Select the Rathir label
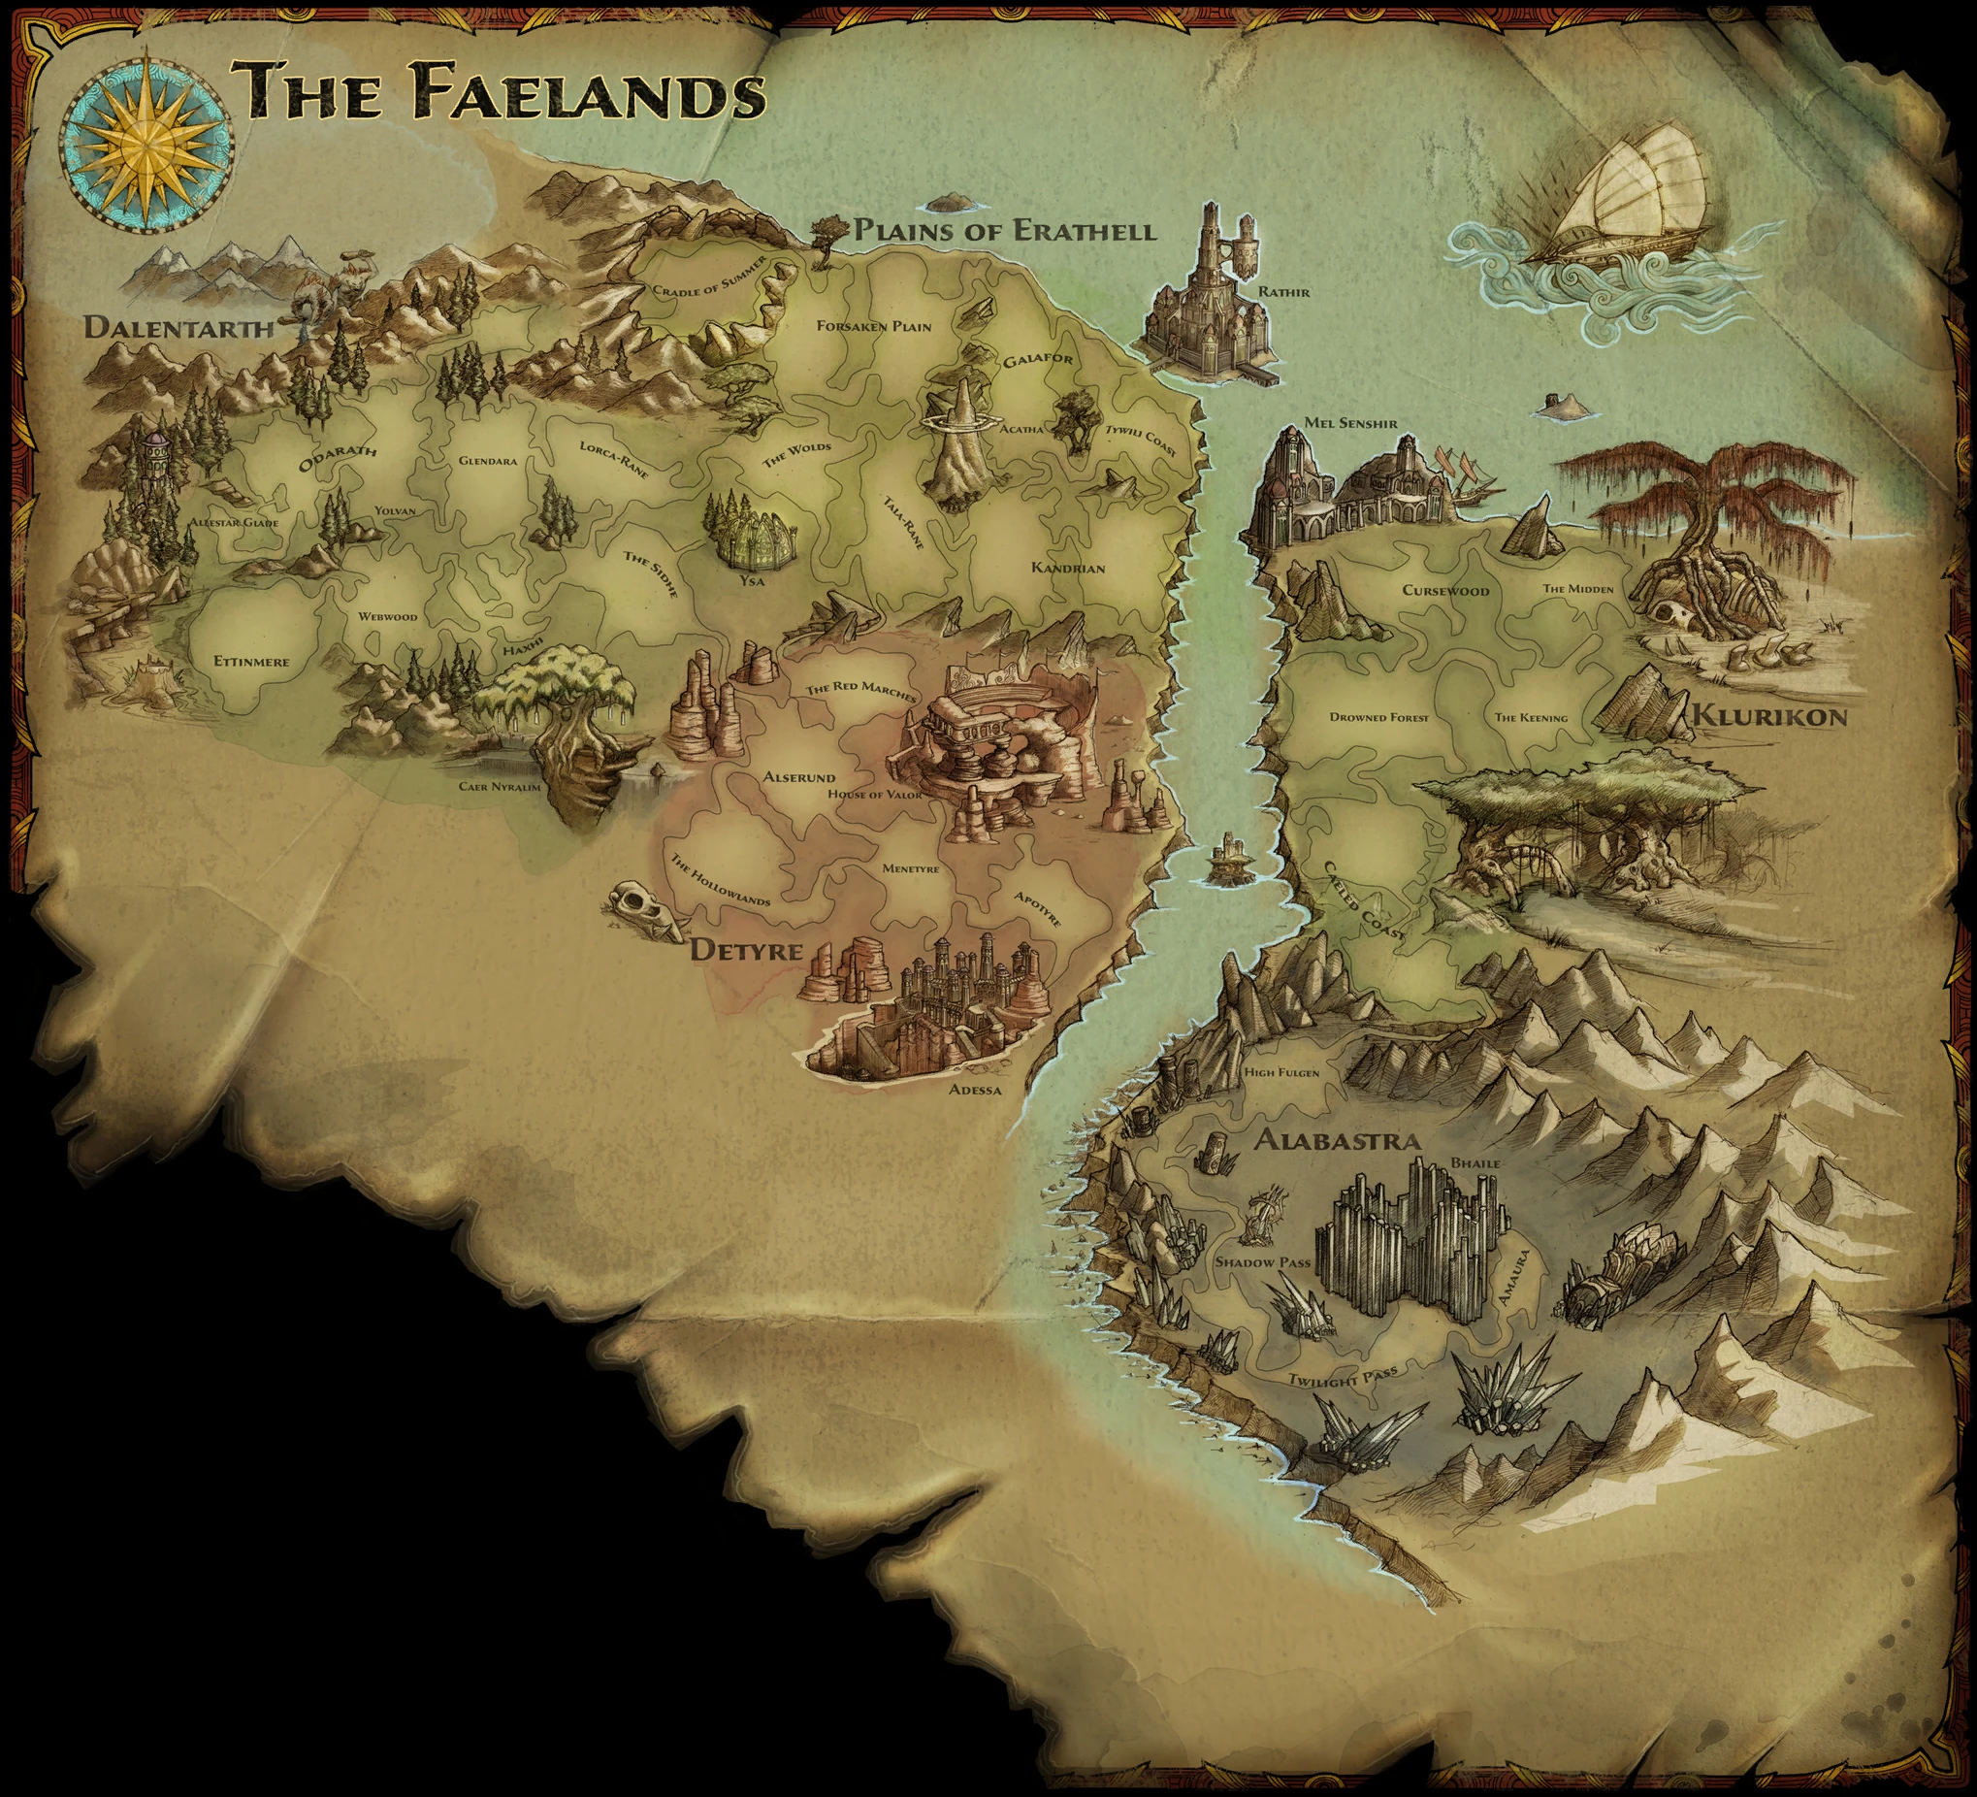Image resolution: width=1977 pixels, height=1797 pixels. click(1283, 291)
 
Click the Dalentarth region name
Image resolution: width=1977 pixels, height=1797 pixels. click(178, 327)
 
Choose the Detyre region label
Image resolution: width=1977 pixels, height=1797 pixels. click(747, 950)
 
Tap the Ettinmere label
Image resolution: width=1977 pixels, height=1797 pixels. click(252, 661)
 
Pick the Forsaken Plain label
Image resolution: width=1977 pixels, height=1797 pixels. click(874, 326)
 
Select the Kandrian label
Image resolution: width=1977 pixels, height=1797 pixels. click(1068, 568)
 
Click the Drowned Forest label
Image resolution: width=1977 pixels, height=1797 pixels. click(1378, 717)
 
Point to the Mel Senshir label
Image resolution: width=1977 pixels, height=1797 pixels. click(1350, 424)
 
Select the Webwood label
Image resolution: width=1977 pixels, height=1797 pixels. click(387, 617)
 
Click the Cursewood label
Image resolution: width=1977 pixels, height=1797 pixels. click(1445, 591)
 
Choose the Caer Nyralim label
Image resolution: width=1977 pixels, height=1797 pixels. click(500, 786)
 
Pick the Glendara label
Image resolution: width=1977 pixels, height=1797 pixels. click(487, 460)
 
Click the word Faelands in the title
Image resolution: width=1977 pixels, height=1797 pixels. click(588, 93)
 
